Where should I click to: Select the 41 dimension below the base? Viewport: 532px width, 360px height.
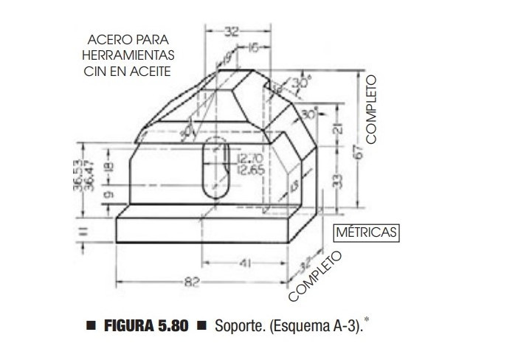[x=244, y=261]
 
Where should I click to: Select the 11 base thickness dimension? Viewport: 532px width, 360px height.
[x=83, y=231]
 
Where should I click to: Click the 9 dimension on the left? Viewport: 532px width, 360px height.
[x=109, y=195]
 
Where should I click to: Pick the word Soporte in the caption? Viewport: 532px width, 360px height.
[x=237, y=325]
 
